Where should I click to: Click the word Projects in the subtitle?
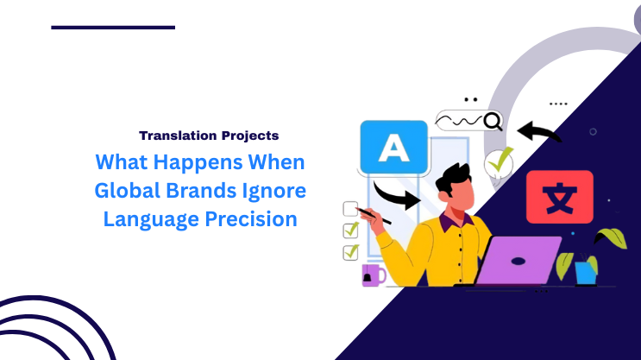coord(248,136)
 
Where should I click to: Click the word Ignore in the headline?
coord(275,190)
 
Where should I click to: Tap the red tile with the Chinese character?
coord(559,197)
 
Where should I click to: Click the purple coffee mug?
coord(373,275)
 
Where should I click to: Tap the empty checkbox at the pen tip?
coord(350,208)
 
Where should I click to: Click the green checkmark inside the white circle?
coord(499,161)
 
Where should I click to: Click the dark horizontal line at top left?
coord(113,27)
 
